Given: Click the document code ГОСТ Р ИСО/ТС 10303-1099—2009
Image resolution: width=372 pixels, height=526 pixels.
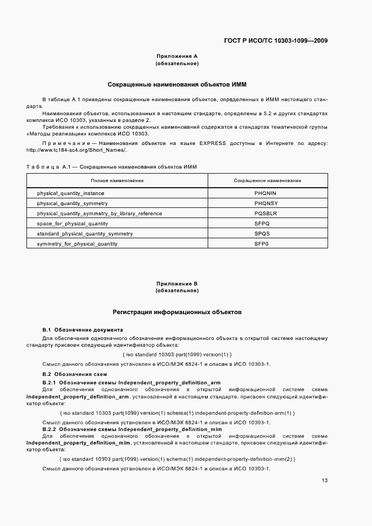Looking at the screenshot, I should (x=276, y=40).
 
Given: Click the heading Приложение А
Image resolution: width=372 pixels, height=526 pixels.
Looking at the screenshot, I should (x=177, y=56).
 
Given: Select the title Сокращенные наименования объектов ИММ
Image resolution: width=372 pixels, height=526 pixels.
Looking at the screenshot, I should (x=177, y=84).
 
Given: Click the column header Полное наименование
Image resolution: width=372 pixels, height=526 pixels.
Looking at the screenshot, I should (x=117, y=180).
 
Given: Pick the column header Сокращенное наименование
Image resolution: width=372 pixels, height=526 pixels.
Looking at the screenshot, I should (x=267, y=180).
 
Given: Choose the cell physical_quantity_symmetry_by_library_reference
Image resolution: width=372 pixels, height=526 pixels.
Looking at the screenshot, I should (x=99, y=214).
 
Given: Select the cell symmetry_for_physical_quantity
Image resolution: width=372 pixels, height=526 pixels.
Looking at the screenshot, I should (x=77, y=244).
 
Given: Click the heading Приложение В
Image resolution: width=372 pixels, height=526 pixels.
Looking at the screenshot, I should (x=177, y=284).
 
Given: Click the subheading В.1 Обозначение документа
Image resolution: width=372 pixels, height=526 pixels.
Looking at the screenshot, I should (x=83, y=329).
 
